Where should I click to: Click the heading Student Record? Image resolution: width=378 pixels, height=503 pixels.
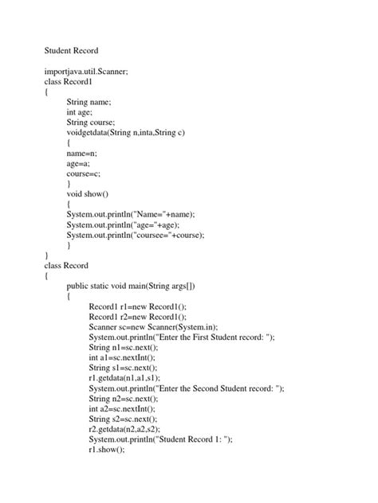point(72,50)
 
